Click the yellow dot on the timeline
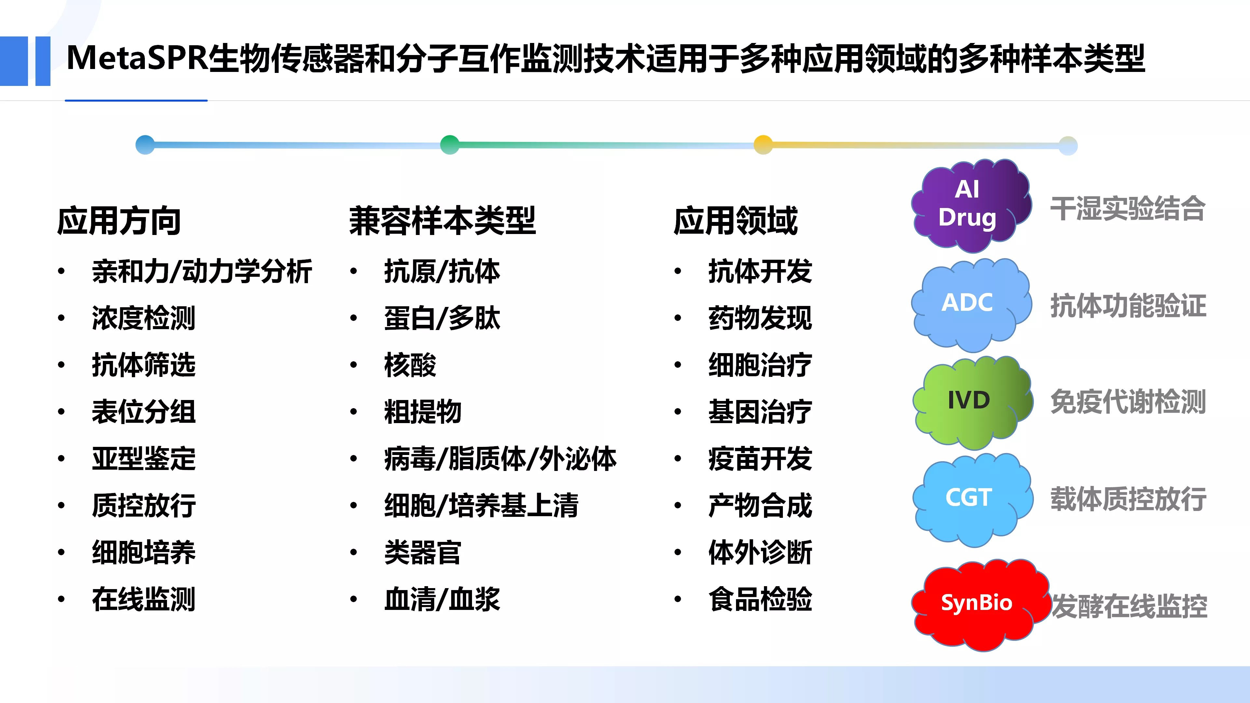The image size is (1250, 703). tap(763, 145)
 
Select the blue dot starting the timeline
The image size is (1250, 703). tap(145, 145)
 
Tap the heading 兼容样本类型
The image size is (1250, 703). tap(443, 221)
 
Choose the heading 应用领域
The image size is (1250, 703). tap(736, 221)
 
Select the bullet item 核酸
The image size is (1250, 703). tap(410, 365)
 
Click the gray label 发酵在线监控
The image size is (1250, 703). tap(1130, 606)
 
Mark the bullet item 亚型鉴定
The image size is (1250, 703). tap(144, 459)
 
